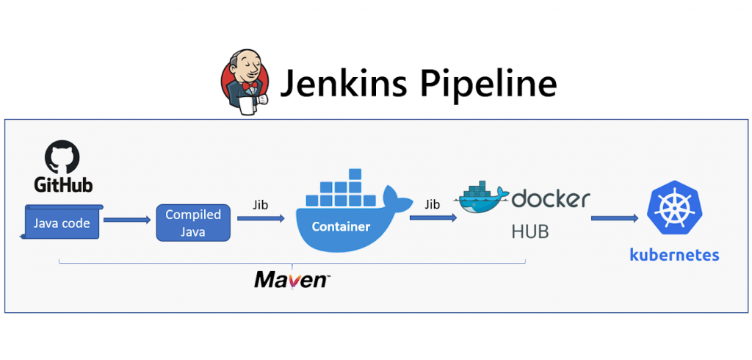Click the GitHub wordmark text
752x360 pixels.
[62, 184]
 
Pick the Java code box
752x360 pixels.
[62, 223]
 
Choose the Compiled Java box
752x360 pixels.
[193, 223]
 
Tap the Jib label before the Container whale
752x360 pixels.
[260, 205]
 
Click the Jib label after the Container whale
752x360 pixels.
[432, 205]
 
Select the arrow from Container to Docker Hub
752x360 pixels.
[433, 219]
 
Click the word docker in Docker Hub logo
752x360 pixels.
[551, 198]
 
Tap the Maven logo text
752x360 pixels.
[292, 279]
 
